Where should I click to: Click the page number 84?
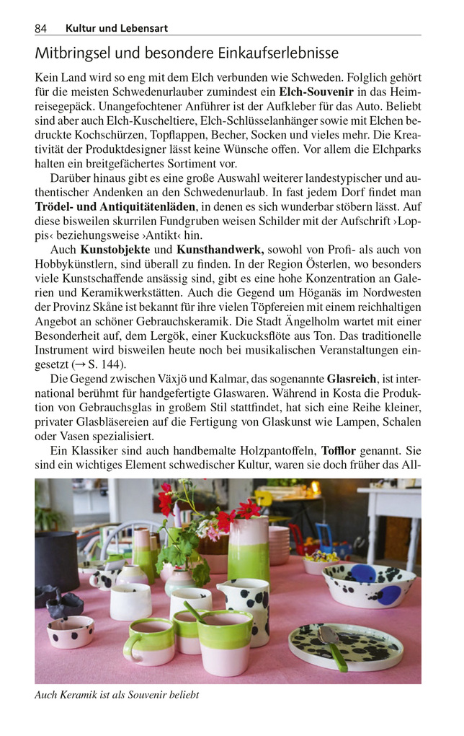pos(41,28)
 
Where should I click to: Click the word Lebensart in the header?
pos(144,28)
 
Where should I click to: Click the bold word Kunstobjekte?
pos(116,249)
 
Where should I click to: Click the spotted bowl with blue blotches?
pos(368,584)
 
